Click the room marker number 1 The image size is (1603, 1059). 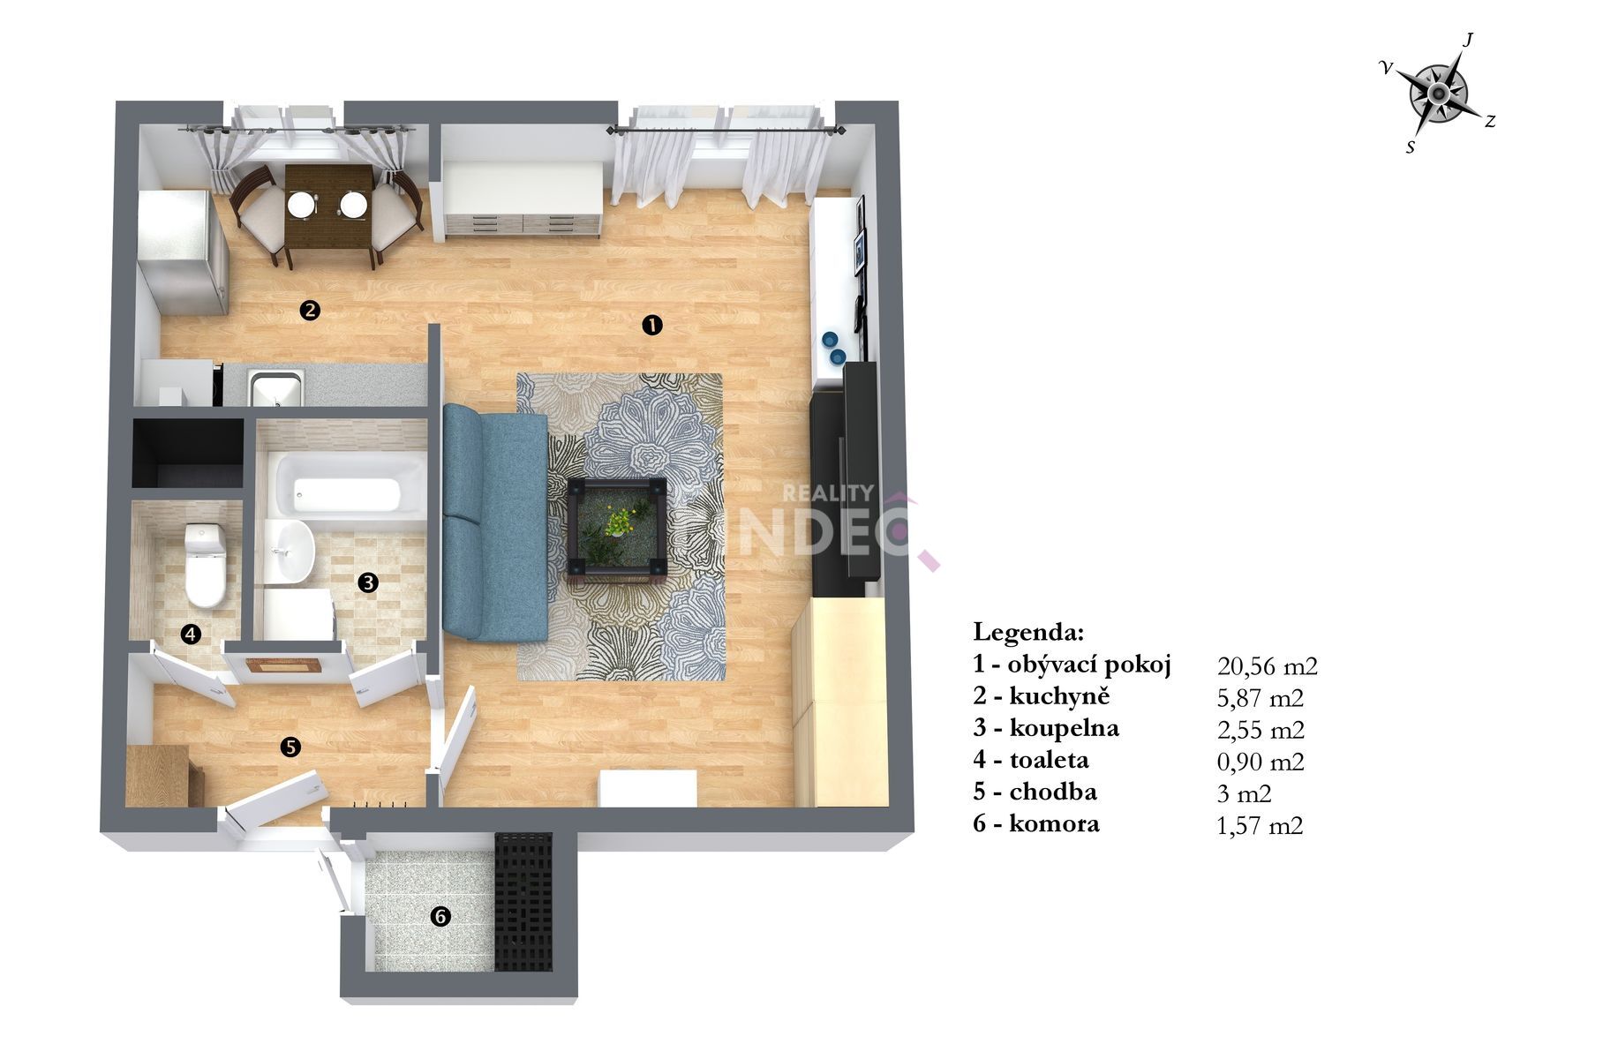[651, 326]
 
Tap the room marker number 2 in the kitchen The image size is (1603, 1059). [310, 310]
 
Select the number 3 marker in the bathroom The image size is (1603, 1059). [368, 582]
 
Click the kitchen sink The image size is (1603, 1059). [275, 388]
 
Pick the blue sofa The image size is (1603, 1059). [495, 522]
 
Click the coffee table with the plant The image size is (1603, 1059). [619, 526]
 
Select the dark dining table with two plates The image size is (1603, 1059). [327, 209]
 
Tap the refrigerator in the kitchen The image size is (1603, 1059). [184, 252]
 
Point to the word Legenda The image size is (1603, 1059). [1028, 632]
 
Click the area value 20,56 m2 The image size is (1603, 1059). [1267, 666]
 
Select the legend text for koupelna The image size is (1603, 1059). [1046, 728]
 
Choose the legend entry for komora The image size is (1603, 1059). [1036, 824]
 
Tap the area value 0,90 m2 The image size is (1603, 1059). [1260, 762]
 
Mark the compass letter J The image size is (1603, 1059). [1468, 40]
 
